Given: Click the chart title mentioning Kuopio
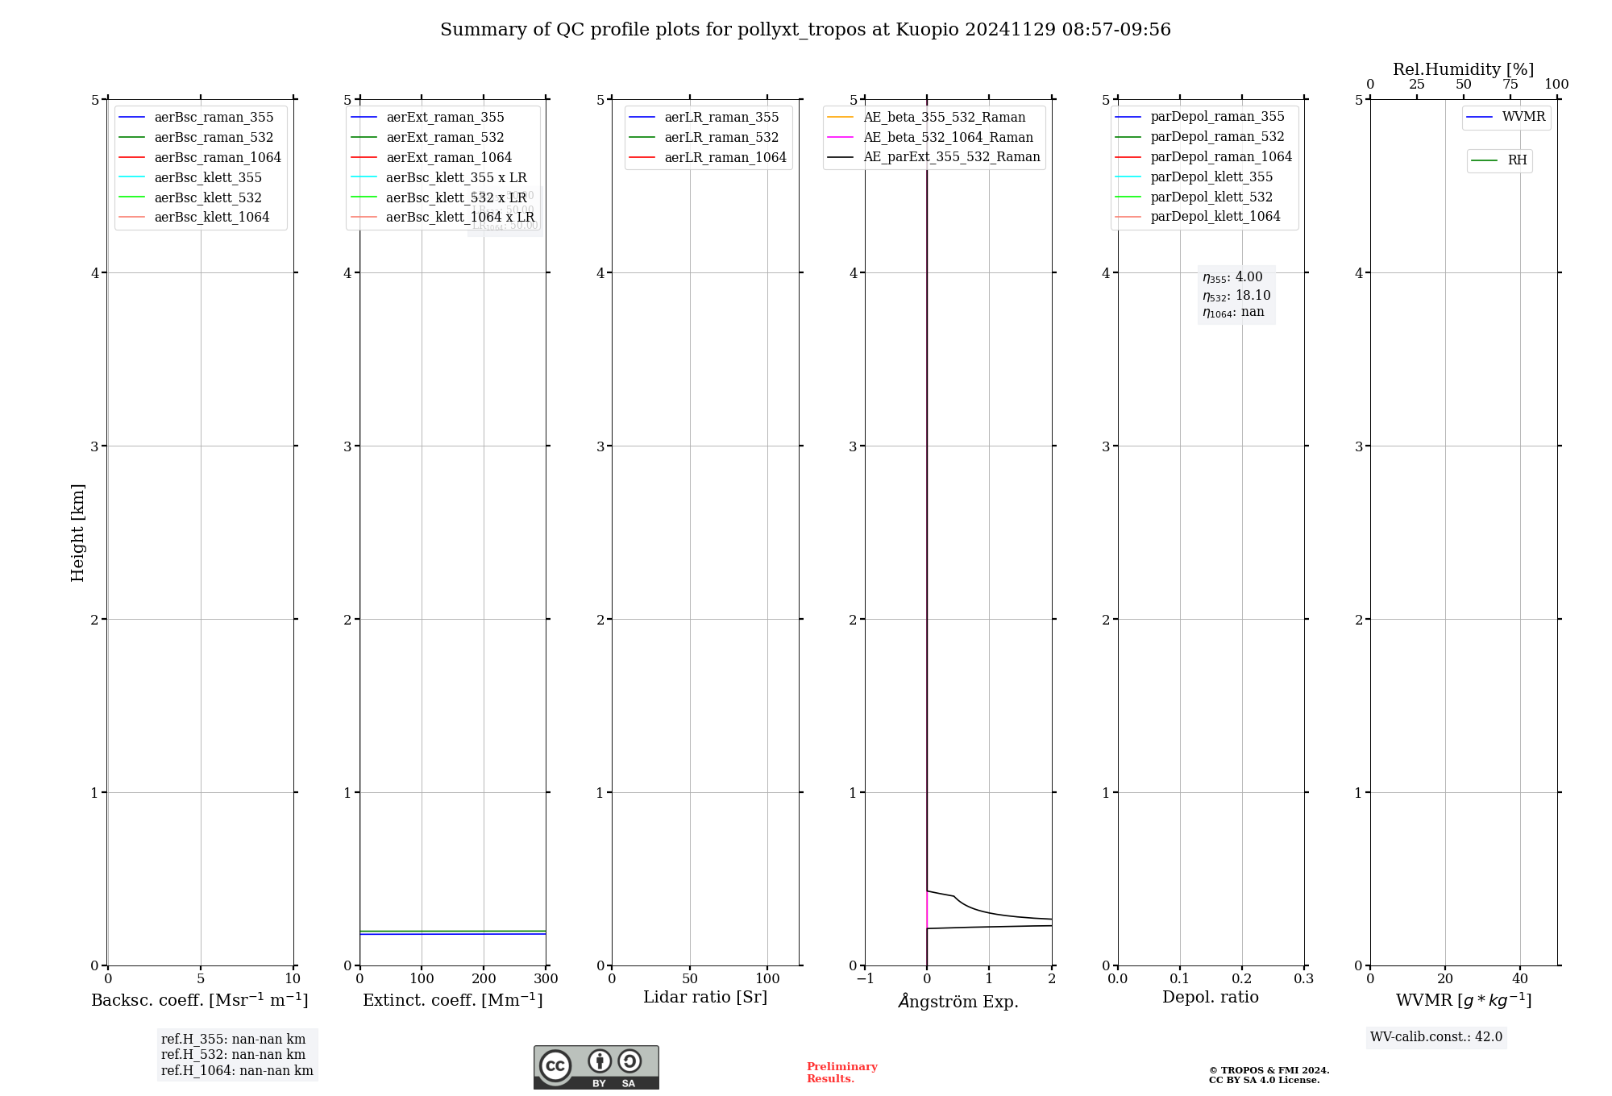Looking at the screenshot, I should point(805,30).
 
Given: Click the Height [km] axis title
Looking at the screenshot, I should point(77,532).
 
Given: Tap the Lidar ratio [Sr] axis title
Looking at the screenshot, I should point(705,997).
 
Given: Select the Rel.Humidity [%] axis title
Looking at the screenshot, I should point(1463,69).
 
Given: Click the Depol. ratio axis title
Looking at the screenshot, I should point(1210,997).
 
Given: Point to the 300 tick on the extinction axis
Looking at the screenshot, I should point(546,979).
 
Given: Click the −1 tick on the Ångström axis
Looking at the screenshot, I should point(865,979).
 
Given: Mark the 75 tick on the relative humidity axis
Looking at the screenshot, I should point(1510,85).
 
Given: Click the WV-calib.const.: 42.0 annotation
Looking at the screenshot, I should point(1436,1037).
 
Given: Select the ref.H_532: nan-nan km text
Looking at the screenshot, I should point(233,1055).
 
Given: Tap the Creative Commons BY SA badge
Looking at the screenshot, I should point(596,1067).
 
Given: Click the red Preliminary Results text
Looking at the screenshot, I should point(841,1073).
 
